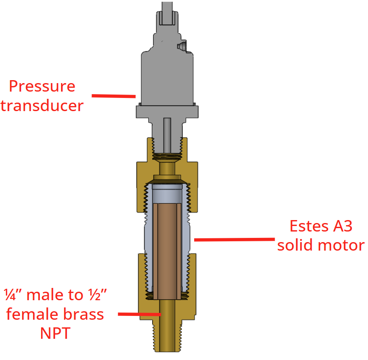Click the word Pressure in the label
(x=42, y=86)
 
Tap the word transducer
(x=42, y=106)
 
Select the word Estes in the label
(x=309, y=226)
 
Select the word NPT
(x=55, y=333)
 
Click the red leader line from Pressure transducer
(x=114, y=96)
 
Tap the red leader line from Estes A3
(x=234, y=240)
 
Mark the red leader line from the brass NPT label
(x=139, y=314)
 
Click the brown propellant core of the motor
(x=167, y=251)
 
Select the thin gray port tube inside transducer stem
(x=167, y=135)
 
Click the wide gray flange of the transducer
(x=167, y=112)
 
